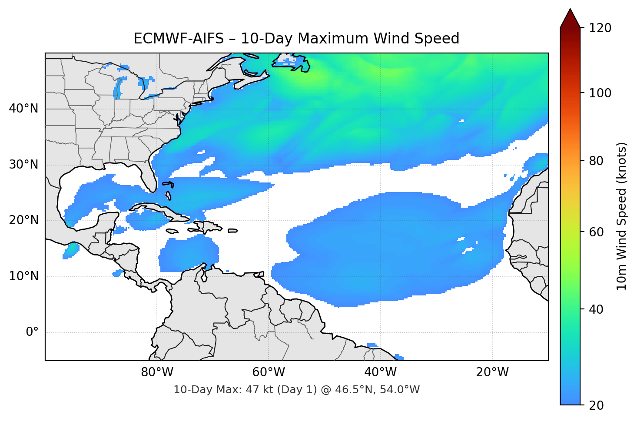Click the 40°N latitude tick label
(x=23, y=109)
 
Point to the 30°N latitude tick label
(x=23, y=165)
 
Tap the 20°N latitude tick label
(x=23, y=220)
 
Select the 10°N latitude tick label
(x=23, y=276)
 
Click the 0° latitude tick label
(x=32, y=332)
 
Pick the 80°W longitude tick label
(x=157, y=372)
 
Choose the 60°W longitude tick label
(x=269, y=372)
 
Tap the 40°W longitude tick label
(x=380, y=372)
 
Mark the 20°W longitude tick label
(x=492, y=372)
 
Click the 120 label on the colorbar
(x=600, y=28)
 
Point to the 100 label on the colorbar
(x=600, y=93)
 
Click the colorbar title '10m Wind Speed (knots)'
(x=622, y=216)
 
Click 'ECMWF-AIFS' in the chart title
(x=179, y=39)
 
